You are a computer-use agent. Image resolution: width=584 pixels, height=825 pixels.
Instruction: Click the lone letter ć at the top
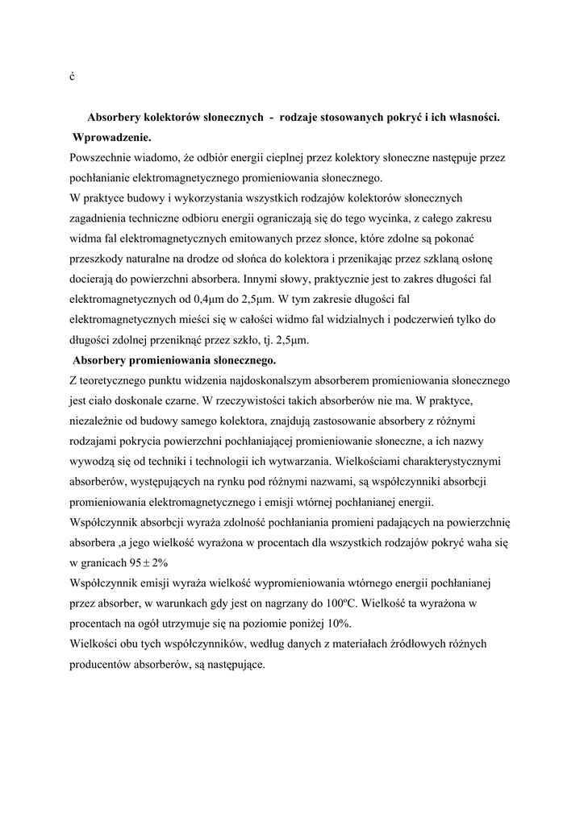tap(72, 76)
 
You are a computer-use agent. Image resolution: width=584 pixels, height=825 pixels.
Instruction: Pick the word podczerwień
tap(407, 320)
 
